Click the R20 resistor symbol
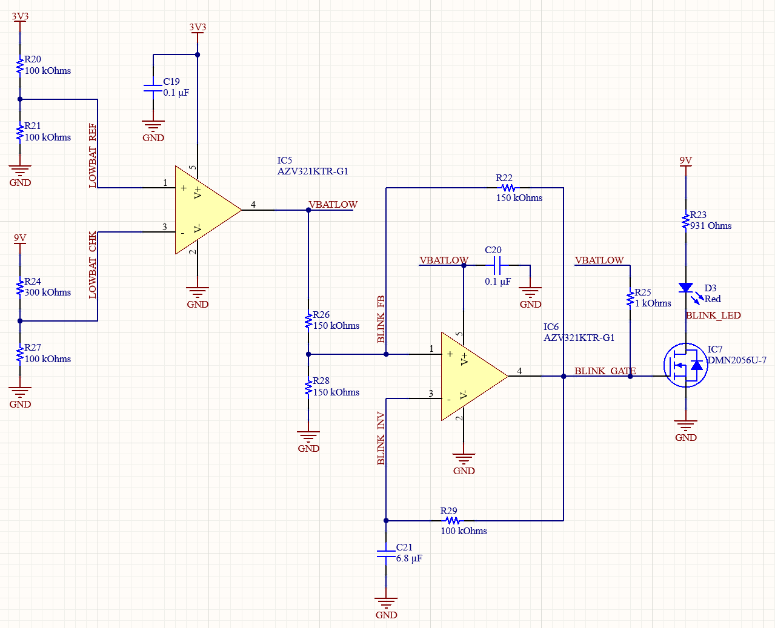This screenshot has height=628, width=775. pyautogui.click(x=20, y=65)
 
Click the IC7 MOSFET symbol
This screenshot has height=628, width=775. pyautogui.click(x=686, y=365)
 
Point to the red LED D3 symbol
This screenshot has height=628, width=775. pyautogui.click(x=686, y=288)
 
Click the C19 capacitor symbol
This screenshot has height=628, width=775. pyautogui.click(x=153, y=88)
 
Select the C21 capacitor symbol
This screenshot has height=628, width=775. pyautogui.click(x=386, y=554)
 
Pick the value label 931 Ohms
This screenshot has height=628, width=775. pyautogui.click(x=710, y=226)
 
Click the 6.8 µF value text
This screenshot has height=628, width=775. pyautogui.click(x=409, y=558)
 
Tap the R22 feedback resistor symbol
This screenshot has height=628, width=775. pyautogui.click(x=508, y=188)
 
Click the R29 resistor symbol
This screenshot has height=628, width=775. pyautogui.click(x=452, y=521)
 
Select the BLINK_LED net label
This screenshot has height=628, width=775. pyautogui.click(x=713, y=316)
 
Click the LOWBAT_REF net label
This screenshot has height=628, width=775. pyautogui.click(x=93, y=156)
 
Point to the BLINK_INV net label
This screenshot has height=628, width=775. pyautogui.click(x=381, y=438)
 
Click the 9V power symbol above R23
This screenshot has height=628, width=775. pyautogui.click(x=686, y=162)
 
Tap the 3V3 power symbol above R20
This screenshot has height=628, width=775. pyautogui.click(x=20, y=18)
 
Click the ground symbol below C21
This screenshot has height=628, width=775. pyautogui.click(x=386, y=604)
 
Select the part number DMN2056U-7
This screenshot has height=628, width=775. pyautogui.click(x=737, y=360)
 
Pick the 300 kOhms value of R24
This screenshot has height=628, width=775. pyautogui.click(x=47, y=293)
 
